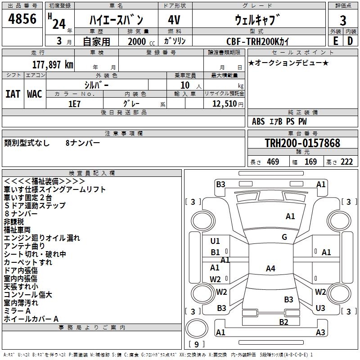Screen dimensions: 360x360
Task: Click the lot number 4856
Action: (x=22, y=19)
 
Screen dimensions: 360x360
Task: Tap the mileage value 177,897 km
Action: (x=53, y=64)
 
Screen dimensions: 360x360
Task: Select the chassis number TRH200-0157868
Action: (x=302, y=143)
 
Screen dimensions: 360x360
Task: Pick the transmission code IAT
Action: (x=13, y=94)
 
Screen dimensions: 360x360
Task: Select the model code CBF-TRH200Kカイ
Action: (x=258, y=41)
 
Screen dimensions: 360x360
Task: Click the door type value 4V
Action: (x=175, y=20)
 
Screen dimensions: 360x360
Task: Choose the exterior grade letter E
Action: (x=335, y=41)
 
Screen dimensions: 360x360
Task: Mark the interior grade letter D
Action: (x=350, y=41)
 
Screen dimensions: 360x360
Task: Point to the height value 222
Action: (x=346, y=162)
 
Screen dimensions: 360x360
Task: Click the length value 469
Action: (x=273, y=162)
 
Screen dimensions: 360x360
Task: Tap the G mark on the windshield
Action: (x=284, y=237)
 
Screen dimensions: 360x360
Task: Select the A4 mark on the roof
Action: (x=270, y=269)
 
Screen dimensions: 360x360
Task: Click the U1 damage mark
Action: (x=215, y=241)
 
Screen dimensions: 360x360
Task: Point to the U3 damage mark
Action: (x=320, y=308)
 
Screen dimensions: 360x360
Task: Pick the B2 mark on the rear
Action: (x=283, y=322)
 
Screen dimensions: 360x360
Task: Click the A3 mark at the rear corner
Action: (x=320, y=333)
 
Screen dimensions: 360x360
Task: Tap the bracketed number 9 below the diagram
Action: (x=197, y=344)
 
